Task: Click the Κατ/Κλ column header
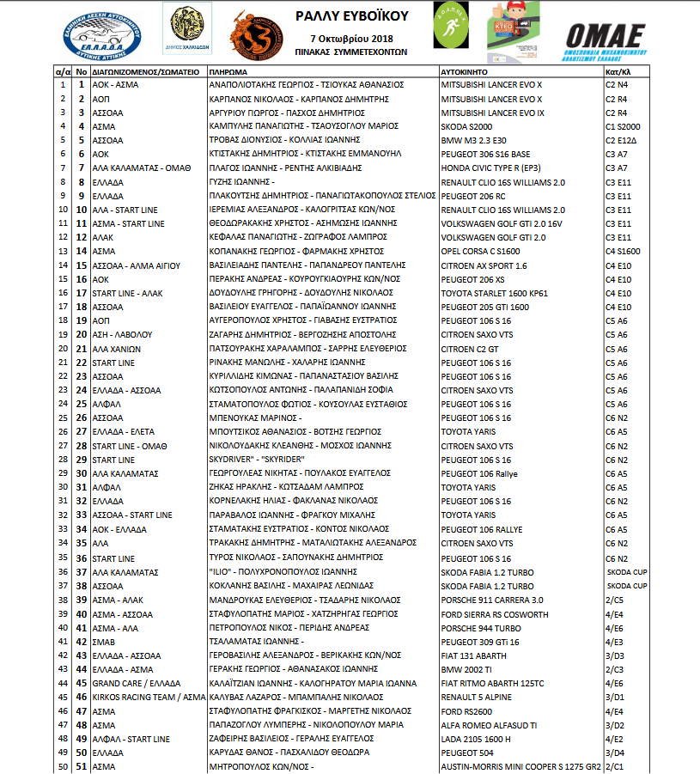point(618,72)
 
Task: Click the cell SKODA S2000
point(467,126)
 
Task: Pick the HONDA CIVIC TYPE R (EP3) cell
point(490,168)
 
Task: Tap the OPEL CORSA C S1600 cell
point(482,252)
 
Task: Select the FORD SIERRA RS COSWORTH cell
point(494,613)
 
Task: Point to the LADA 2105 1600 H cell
point(476,739)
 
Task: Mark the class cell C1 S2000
point(622,126)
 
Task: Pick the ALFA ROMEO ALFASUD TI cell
point(490,725)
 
